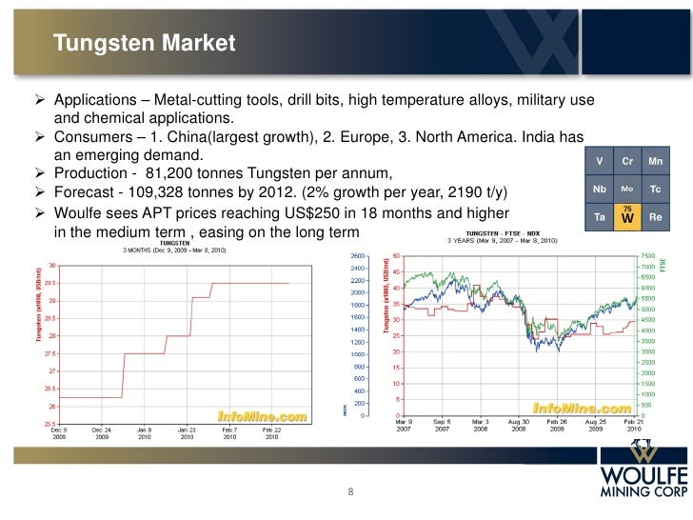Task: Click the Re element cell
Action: tap(655, 216)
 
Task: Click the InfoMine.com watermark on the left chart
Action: tap(262, 416)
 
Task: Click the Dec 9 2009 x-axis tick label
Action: tap(59, 435)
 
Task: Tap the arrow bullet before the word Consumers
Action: tap(41, 136)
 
